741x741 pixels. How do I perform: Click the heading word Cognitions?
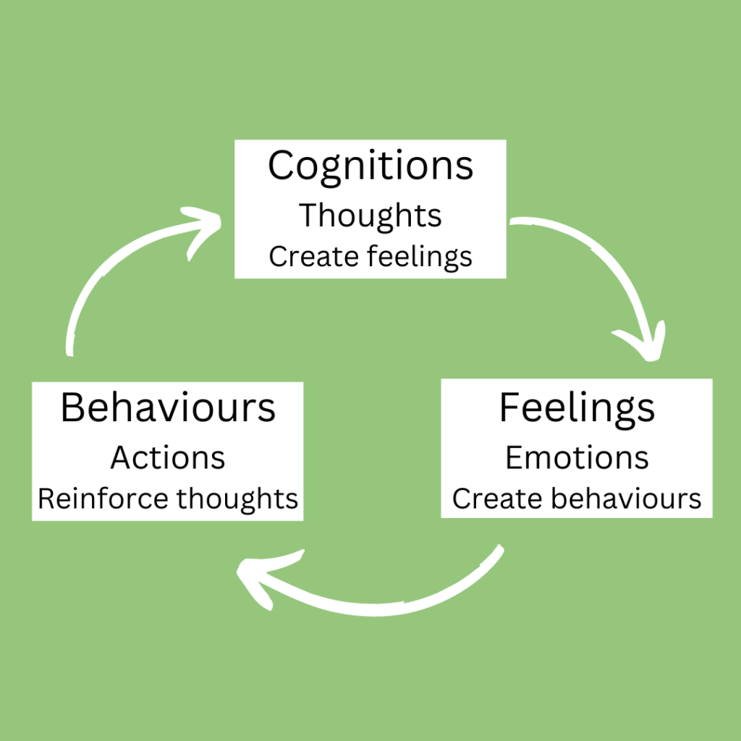click(x=370, y=166)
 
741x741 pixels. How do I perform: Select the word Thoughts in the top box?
click(x=370, y=215)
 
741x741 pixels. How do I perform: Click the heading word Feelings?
click(x=577, y=408)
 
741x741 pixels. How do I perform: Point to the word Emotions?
click(x=577, y=457)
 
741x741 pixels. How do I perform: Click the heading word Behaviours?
click(x=168, y=408)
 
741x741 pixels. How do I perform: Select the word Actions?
click(x=168, y=457)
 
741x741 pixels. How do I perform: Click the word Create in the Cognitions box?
click(x=302, y=256)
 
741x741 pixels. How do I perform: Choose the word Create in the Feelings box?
click(x=485, y=498)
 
